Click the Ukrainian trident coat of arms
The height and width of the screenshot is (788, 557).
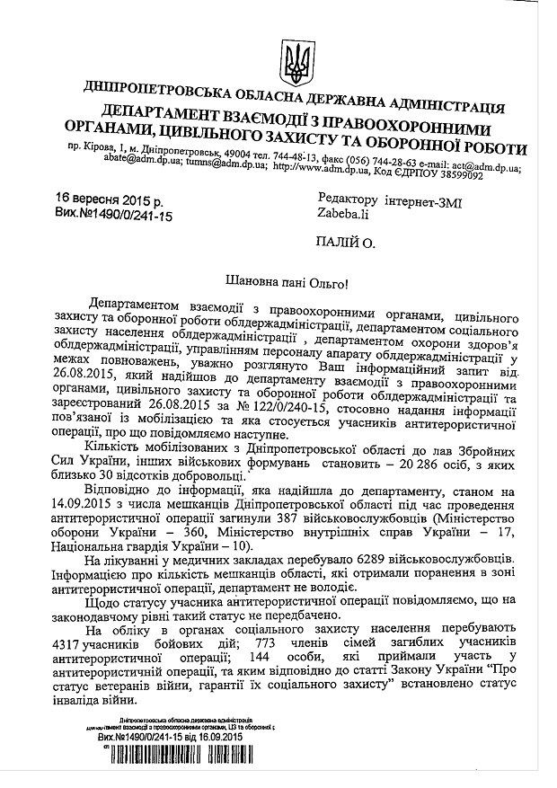pyautogui.click(x=293, y=59)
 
